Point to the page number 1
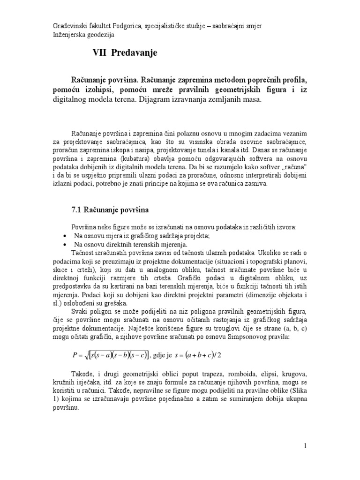coord(305,445)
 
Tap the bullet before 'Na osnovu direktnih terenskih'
coord(65,245)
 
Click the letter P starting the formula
coord(75,354)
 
